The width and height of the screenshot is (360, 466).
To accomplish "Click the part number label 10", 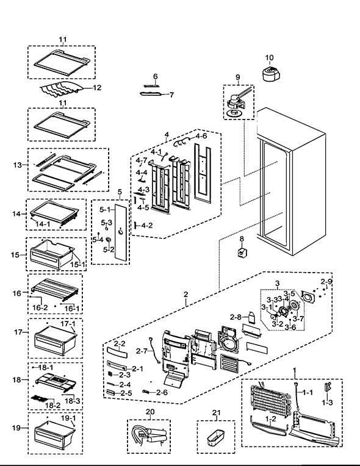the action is [269, 57].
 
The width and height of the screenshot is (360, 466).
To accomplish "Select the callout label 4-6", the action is [201, 136].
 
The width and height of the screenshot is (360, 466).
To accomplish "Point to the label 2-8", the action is [236, 317].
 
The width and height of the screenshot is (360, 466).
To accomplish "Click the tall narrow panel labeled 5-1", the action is [121, 232].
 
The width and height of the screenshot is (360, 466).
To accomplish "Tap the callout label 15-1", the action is [77, 264].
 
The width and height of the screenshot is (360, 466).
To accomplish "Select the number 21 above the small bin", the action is [217, 412].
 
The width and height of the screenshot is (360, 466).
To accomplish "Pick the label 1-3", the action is [327, 403].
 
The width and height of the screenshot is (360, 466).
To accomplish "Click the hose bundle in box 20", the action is [149, 436].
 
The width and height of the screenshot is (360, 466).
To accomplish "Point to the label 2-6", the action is [162, 392].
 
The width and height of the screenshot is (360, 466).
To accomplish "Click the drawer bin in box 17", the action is [56, 340].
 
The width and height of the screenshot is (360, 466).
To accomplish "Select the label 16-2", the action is [40, 307].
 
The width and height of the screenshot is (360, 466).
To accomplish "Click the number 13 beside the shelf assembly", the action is [18, 165].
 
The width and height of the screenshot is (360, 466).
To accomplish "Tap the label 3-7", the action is [298, 319].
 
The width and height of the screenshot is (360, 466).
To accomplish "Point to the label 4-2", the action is [147, 225].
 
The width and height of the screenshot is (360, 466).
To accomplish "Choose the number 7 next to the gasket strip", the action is [172, 95].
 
